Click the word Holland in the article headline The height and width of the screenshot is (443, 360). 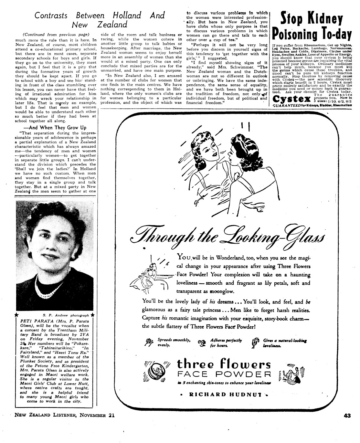(x=127, y=15)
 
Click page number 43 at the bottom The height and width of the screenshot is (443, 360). (x=347, y=416)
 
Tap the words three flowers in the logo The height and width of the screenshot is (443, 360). (x=224, y=364)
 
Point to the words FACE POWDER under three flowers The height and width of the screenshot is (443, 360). (x=224, y=374)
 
